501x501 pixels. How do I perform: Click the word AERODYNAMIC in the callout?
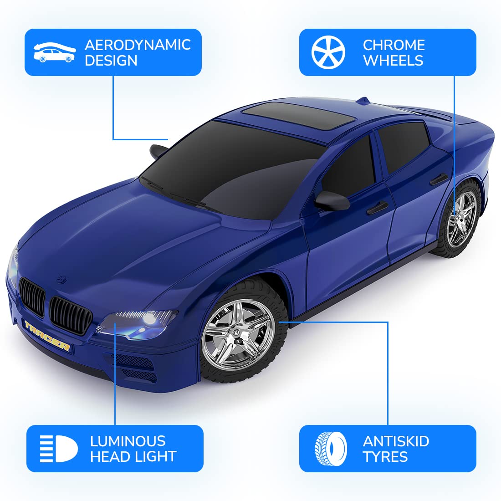point(138,45)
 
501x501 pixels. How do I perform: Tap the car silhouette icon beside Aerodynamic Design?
point(55,52)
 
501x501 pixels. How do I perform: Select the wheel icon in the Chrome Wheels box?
point(328,52)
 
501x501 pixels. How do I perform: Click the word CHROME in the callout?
point(394,45)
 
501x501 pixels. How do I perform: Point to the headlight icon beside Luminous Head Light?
point(59,449)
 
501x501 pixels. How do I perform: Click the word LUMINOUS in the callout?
point(128,441)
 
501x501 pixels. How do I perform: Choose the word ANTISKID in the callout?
point(396,441)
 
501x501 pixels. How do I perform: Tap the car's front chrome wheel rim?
point(238,334)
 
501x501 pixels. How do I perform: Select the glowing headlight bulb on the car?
point(149,320)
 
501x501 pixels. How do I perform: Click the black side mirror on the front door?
point(332,201)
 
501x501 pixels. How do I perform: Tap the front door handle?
point(377,208)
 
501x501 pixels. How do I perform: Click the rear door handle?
point(439,179)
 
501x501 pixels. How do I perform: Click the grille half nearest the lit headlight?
point(70,315)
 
